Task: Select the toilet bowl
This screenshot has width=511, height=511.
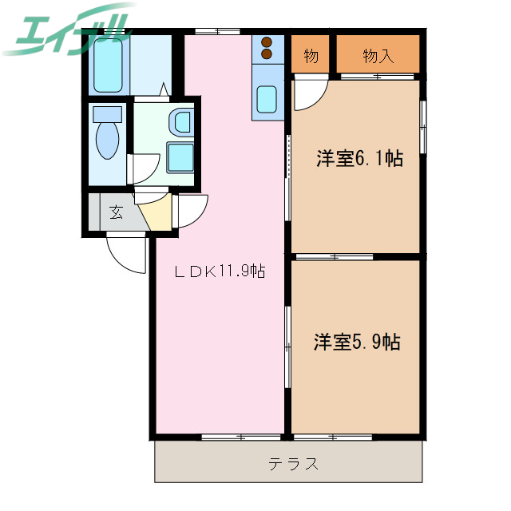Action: coord(106,141)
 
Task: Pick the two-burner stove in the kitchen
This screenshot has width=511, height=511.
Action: coord(267,49)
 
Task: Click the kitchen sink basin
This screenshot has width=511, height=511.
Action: coord(267,101)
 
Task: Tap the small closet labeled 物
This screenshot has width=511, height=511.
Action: coord(311,55)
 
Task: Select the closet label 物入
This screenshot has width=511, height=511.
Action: coord(378,55)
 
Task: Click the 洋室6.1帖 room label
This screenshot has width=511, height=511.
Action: coord(359,158)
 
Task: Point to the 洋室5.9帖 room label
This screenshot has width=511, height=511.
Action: coord(356,343)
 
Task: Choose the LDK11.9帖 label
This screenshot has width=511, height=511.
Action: coord(220,271)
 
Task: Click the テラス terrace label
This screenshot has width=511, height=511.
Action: coord(294,464)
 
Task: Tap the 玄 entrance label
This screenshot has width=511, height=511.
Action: coord(117,212)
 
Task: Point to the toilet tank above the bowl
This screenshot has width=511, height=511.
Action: coord(106,113)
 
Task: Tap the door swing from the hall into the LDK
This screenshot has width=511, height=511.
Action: coord(192,211)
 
